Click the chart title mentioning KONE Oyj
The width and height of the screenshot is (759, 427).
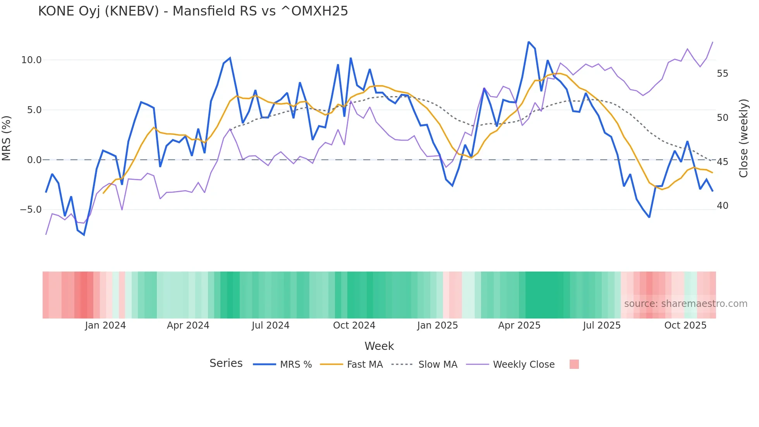tap(193, 11)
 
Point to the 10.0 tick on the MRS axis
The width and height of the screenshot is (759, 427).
tap(31, 60)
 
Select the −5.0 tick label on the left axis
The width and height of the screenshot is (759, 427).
tap(31, 210)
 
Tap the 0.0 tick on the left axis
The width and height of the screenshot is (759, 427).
tap(34, 160)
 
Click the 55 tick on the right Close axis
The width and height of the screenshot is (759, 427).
tap(722, 74)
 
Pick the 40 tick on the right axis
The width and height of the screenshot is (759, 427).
tap(722, 206)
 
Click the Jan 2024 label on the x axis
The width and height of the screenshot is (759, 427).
tap(105, 325)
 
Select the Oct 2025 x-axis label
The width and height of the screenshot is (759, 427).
tap(685, 325)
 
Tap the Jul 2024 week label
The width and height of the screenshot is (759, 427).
tap(270, 325)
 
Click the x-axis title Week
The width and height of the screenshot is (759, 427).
tap(379, 346)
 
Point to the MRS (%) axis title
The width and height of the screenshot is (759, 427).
tap(7, 138)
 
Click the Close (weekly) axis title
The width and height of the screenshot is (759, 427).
tap(743, 138)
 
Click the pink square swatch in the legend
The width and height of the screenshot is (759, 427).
tap(574, 364)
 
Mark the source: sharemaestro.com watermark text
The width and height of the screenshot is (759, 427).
tap(685, 304)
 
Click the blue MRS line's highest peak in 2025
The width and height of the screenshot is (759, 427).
tap(529, 42)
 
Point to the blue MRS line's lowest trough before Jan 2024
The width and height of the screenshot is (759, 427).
tap(84, 235)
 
